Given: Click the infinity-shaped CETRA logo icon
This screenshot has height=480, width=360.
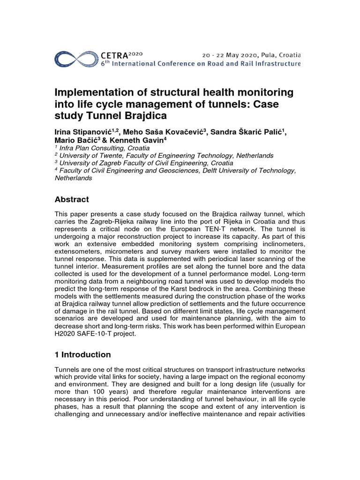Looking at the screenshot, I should click(x=76, y=58).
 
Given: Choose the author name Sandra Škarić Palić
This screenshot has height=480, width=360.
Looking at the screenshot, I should click(x=247, y=133).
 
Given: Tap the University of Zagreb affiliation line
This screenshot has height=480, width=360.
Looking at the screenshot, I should click(x=145, y=163).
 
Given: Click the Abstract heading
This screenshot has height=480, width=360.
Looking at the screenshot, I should click(x=72, y=199).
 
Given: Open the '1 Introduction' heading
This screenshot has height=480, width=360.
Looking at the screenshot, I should click(x=83, y=354).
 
